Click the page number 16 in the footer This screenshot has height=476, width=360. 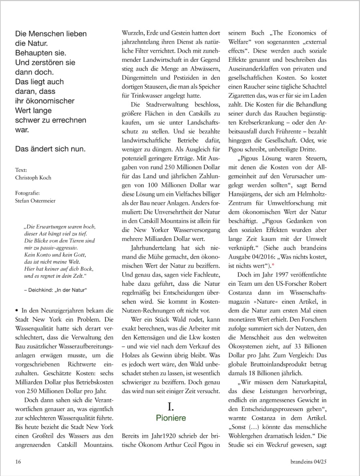[18, 462]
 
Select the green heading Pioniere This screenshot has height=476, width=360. [171, 418]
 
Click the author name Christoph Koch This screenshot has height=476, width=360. [34, 178]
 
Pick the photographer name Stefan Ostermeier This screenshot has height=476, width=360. [35, 201]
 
